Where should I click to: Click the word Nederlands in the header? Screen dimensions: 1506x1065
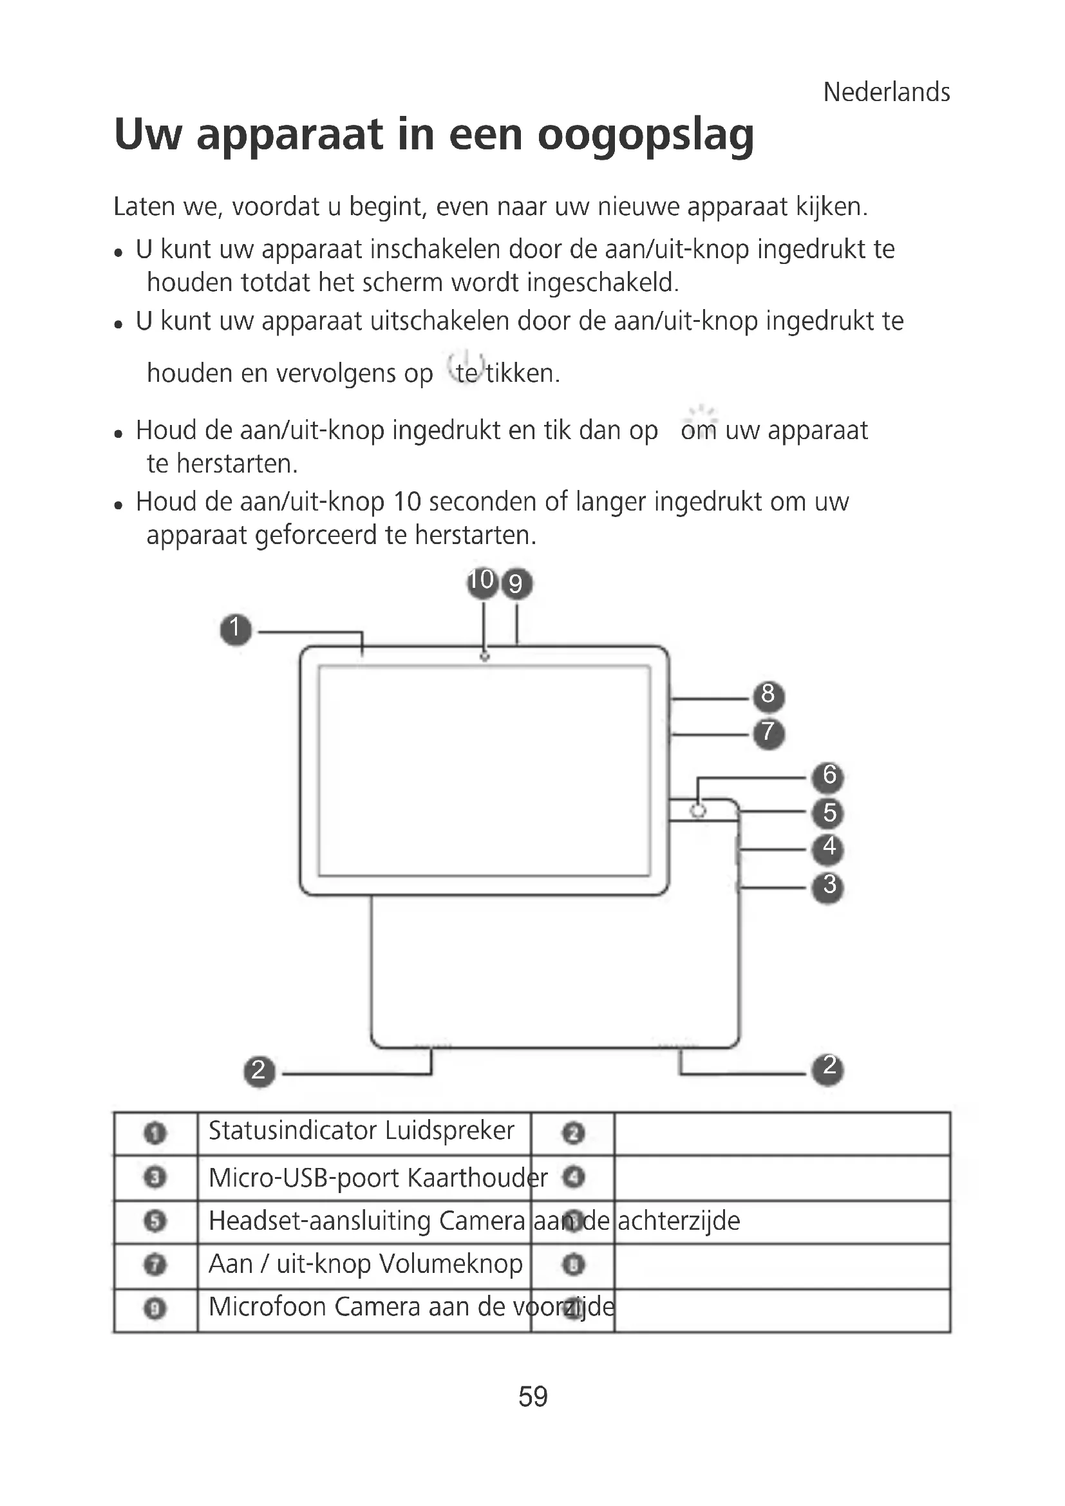click(886, 93)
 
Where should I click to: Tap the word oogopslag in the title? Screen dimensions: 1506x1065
click(645, 135)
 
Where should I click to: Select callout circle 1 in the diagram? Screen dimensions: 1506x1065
click(236, 630)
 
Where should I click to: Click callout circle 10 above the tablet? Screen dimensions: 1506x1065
click(482, 582)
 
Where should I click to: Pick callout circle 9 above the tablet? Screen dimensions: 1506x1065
click(517, 584)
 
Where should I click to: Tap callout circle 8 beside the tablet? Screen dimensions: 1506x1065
click(769, 695)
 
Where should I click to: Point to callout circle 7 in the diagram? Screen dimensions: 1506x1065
click(769, 733)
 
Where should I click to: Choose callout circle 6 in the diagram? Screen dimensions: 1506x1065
click(828, 776)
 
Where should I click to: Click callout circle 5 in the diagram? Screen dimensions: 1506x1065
click(828, 813)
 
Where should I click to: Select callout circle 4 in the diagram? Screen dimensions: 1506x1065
click(828, 849)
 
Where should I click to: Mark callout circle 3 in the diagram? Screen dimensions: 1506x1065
click(828, 887)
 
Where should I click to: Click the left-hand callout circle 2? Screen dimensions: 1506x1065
click(259, 1072)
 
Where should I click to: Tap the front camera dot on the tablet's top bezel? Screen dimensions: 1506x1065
click(485, 657)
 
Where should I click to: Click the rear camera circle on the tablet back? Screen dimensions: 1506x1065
click(699, 811)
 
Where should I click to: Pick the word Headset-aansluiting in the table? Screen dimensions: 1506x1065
click(319, 1221)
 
